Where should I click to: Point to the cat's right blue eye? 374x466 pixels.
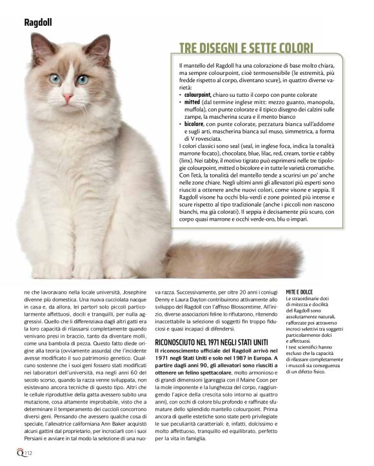pos(83,79)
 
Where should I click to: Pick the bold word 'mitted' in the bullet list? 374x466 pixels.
pos(192,103)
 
